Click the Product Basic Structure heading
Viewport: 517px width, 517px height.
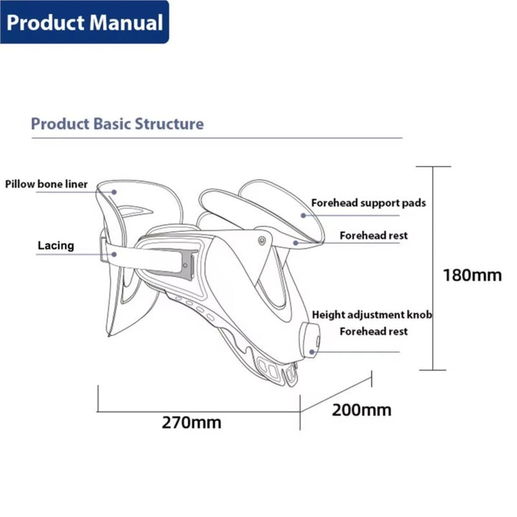pyautogui.click(x=117, y=124)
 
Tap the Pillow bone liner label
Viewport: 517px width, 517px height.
pyautogui.click(x=47, y=185)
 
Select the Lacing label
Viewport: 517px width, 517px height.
pyautogui.click(x=56, y=246)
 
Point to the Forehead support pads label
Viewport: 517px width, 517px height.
pyautogui.click(x=368, y=203)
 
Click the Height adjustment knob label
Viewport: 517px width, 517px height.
pyautogui.click(x=372, y=315)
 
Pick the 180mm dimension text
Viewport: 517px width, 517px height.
pyautogui.click(x=472, y=275)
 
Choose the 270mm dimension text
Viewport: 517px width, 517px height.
pyautogui.click(x=191, y=422)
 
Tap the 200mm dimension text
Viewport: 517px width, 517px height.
pyautogui.click(x=361, y=410)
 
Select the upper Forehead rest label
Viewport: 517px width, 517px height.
pyautogui.click(x=373, y=235)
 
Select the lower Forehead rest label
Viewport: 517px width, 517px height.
pyautogui.click(x=373, y=331)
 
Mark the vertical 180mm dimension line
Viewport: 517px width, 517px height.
pyautogui.click(x=433, y=269)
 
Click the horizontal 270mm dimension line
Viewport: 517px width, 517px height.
pyautogui.click(x=197, y=412)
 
